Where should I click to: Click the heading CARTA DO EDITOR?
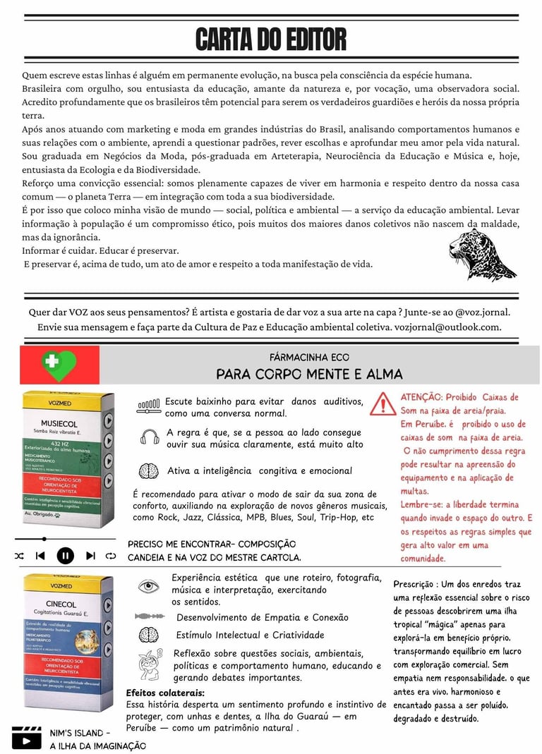[270, 39]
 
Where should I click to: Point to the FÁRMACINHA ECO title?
[309, 358]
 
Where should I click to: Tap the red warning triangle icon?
[383, 405]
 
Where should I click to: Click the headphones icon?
[150, 437]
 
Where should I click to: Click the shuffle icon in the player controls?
[19, 556]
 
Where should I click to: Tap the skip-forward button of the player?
[91, 556]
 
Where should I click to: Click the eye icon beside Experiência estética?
[148, 585]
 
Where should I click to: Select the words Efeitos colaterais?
[165, 693]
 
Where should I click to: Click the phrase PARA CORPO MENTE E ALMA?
[309, 374]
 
